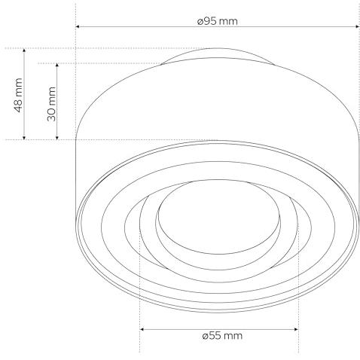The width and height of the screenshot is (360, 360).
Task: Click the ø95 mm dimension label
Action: coord(217,21)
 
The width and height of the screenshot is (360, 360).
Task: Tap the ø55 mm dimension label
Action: coord(222,335)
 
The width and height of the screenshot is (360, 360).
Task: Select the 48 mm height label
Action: coord(18,95)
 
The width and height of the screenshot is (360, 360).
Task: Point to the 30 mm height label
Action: coord(51,104)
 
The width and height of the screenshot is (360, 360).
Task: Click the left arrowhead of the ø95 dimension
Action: coord(78,26)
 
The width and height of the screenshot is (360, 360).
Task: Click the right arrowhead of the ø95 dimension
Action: coord(358,26)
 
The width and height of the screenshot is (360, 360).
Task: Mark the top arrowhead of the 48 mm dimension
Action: coord(24,50)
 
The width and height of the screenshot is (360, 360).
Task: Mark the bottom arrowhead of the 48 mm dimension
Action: coord(24,138)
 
